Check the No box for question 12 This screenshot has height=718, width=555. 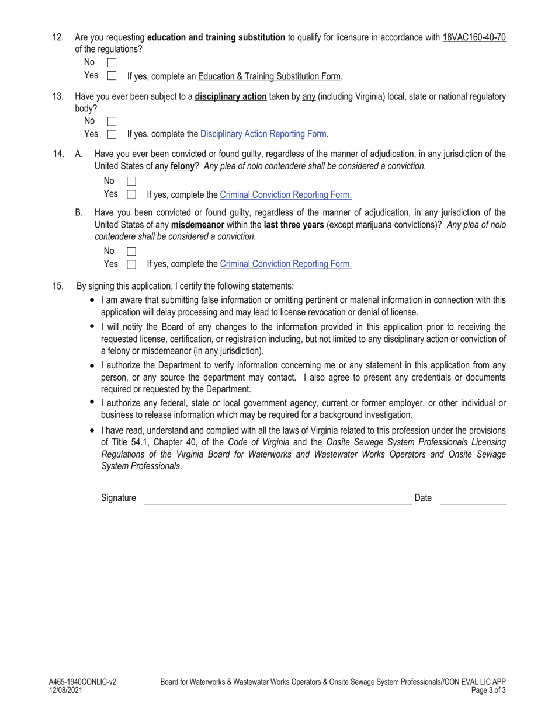point(112,62)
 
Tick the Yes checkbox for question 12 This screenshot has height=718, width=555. point(112,76)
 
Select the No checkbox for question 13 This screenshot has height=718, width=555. point(112,121)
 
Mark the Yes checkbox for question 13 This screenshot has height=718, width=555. point(112,134)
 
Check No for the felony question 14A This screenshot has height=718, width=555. point(131,182)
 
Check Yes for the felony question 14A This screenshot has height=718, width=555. point(131,194)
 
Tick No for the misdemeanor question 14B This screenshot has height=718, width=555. point(131,251)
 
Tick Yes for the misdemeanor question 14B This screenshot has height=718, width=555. point(131,264)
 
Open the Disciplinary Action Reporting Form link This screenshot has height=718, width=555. point(263,134)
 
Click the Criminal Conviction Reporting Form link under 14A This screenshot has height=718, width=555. point(286,194)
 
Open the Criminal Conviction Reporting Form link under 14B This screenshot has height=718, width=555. point(286,264)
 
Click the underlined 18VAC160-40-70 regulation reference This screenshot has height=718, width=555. point(474,37)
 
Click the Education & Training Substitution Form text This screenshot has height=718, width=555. point(269,76)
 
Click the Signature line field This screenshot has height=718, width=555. point(277,498)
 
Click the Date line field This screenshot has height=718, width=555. point(473,498)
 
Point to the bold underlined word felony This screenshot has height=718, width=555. point(182,166)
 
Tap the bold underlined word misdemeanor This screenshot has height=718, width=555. point(197,225)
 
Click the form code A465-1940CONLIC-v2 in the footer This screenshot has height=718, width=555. point(82,681)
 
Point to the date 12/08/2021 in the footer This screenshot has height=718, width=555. point(66,690)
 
